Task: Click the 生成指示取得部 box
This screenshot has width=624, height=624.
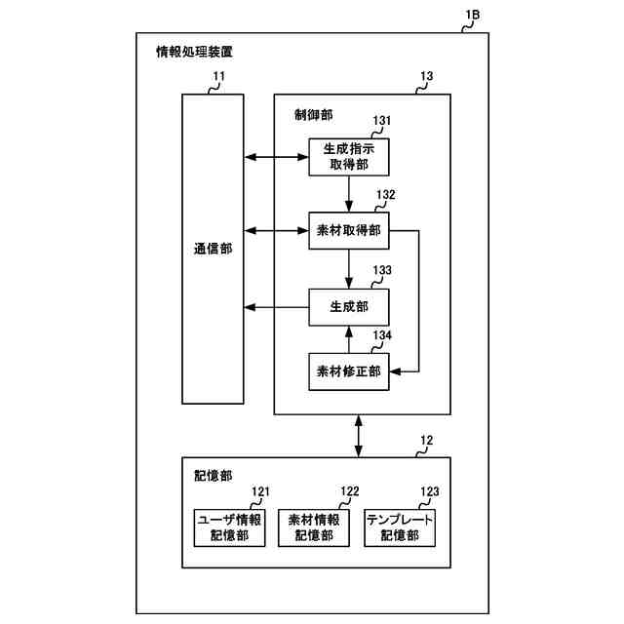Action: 348,156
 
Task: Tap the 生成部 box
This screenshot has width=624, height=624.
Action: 348,307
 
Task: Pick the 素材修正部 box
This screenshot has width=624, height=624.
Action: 348,370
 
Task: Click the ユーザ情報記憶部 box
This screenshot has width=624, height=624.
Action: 229,527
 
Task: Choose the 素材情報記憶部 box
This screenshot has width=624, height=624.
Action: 314,527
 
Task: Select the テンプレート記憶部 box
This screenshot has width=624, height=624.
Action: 400,527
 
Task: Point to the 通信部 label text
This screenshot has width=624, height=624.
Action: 212,249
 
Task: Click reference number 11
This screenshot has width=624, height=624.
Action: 218,75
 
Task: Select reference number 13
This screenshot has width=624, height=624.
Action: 426,75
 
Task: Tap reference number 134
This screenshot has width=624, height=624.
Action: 383,335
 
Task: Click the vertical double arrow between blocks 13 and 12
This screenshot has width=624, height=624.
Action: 360,435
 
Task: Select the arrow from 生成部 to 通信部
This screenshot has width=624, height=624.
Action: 275,307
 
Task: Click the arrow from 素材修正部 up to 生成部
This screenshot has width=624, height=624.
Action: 348,338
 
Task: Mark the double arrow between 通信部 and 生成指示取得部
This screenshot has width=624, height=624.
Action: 275,156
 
